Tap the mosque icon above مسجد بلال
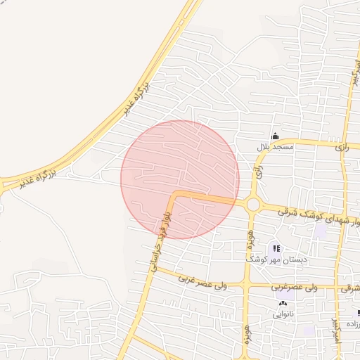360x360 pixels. [x=275, y=136]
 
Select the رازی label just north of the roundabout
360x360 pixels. [x=259, y=171]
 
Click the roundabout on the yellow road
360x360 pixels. [x=253, y=205]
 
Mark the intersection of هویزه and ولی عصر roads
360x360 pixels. [x=246, y=286]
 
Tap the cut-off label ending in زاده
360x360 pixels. [x=351, y=325]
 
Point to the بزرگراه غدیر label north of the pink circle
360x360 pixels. [x=138, y=98]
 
